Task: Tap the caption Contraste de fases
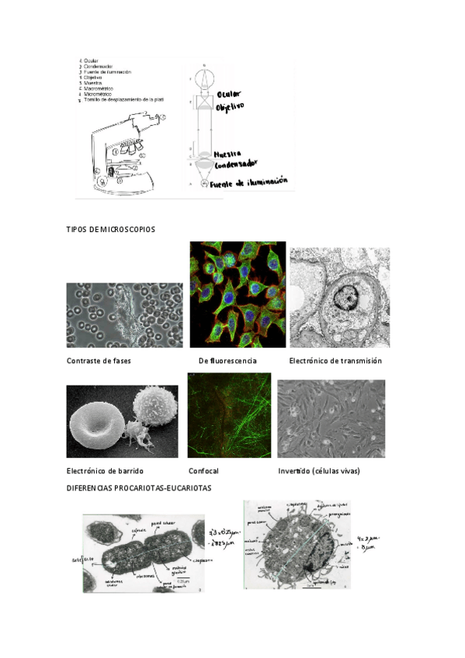pyautogui.click(x=99, y=361)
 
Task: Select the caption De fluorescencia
pyautogui.click(x=227, y=361)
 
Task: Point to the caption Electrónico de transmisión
pyautogui.click(x=335, y=361)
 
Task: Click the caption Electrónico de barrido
pyautogui.click(x=105, y=471)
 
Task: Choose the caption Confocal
pyautogui.click(x=203, y=471)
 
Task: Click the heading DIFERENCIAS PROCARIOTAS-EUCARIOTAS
pyautogui.click(x=139, y=488)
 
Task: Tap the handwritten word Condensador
pyautogui.click(x=237, y=163)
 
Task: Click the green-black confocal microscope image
pyautogui.click(x=228, y=415)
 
